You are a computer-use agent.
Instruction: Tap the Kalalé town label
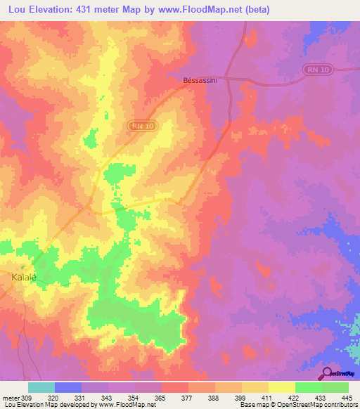tap(23, 278)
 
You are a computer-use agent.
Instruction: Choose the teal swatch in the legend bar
tap(41, 387)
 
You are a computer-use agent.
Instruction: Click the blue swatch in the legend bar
tap(67, 387)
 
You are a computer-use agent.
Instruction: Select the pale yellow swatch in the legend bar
tap(281, 387)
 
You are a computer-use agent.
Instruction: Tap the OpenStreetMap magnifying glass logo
tap(326, 372)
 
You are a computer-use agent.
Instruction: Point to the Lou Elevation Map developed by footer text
tap(43, 405)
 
